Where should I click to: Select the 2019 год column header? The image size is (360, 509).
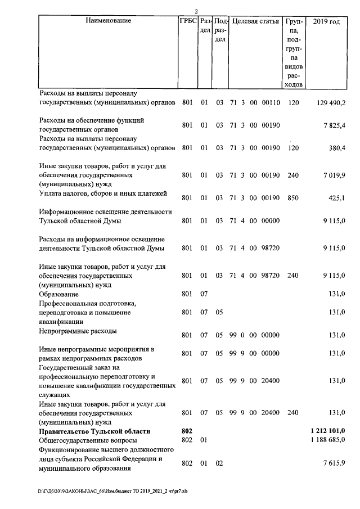(327, 21)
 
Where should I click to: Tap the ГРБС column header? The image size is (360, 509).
(187, 21)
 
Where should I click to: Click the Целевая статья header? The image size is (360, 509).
(255, 21)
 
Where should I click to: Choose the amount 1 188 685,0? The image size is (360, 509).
(327, 440)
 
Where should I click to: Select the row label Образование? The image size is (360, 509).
(58, 294)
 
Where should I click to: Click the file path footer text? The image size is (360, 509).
(113, 490)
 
